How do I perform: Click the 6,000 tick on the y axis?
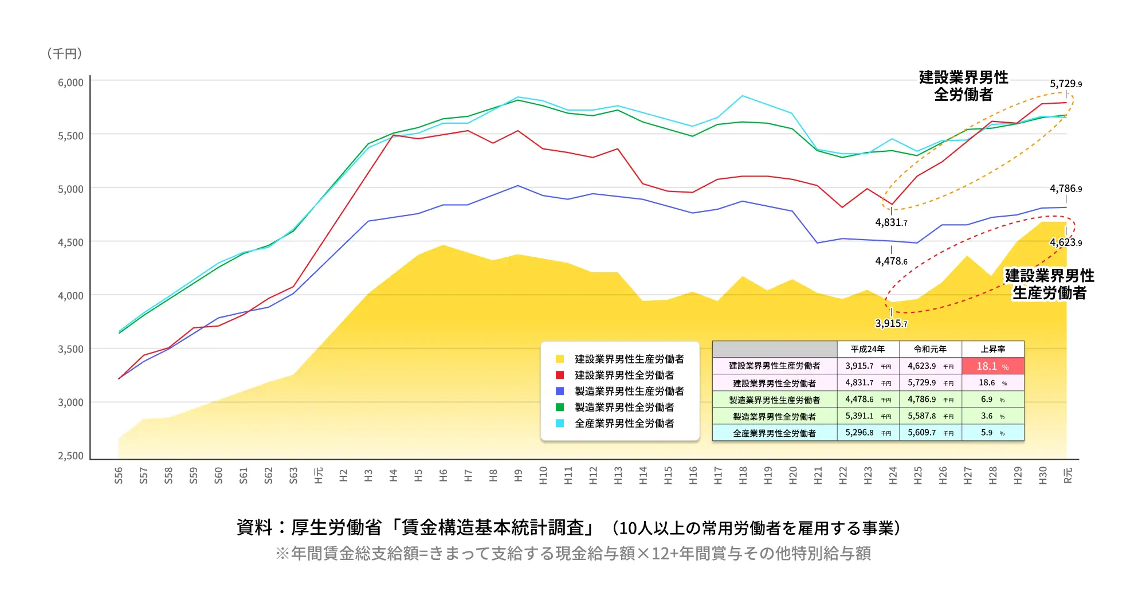(x=70, y=83)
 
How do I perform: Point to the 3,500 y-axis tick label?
(x=70, y=349)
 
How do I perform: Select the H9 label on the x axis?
(x=519, y=475)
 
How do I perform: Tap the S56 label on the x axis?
(x=119, y=475)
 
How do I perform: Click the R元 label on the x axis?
(x=1067, y=475)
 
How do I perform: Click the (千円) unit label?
(x=65, y=53)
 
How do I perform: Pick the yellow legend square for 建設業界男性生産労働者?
(x=560, y=359)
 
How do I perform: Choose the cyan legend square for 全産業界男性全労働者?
(x=560, y=423)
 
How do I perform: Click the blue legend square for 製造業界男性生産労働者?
(x=560, y=391)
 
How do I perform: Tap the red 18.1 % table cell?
(x=992, y=366)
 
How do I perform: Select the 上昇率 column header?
(x=992, y=349)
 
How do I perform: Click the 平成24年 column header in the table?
(x=868, y=349)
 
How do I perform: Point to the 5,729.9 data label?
(x=1066, y=84)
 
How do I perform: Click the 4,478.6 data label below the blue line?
(x=891, y=261)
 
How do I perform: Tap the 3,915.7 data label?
(x=891, y=323)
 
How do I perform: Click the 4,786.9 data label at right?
(x=1066, y=189)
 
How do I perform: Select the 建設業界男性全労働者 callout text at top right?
(x=963, y=86)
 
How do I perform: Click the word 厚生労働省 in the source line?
(x=336, y=527)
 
